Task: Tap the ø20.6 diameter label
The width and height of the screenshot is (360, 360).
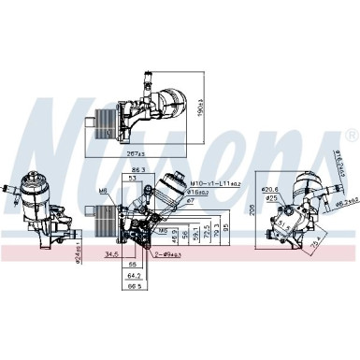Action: point(271,189)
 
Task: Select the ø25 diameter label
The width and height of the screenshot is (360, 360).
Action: point(270,198)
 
